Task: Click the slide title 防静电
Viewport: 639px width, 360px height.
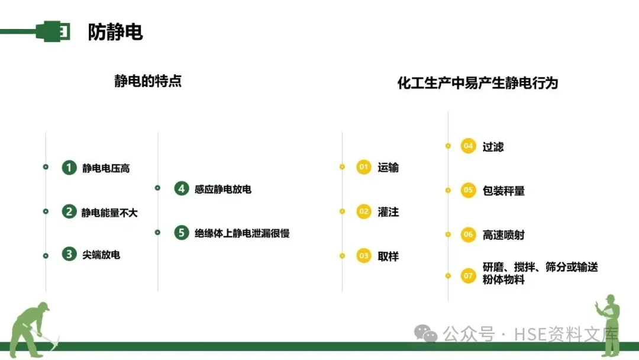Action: (x=115, y=32)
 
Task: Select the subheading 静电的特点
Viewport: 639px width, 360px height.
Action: (x=148, y=81)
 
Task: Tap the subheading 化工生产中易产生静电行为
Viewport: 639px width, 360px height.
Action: (x=477, y=82)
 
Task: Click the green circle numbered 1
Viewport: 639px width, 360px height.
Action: (x=69, y=168)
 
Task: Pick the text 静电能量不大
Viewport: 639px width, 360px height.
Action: (x=109, y=212)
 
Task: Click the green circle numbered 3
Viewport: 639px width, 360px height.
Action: (x=69, y=255)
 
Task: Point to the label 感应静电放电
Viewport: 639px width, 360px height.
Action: (x=222, y=189)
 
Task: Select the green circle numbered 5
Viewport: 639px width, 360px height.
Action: (x=182, y=233)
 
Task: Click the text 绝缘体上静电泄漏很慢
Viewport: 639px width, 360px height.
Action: (x=241, y=233)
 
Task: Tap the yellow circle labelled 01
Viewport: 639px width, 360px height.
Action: (x=364, y=168)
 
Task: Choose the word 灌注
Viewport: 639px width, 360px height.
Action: (x=388, y=211)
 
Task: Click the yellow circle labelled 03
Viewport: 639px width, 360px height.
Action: (x=364, y=256)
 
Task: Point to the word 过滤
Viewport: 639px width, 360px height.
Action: (x=493, y=146)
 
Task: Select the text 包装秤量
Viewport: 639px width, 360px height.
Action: (x=504, y=191)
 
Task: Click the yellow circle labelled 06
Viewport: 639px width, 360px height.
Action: (x=469, y=234)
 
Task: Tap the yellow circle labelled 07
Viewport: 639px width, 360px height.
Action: (x=469, y=275)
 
